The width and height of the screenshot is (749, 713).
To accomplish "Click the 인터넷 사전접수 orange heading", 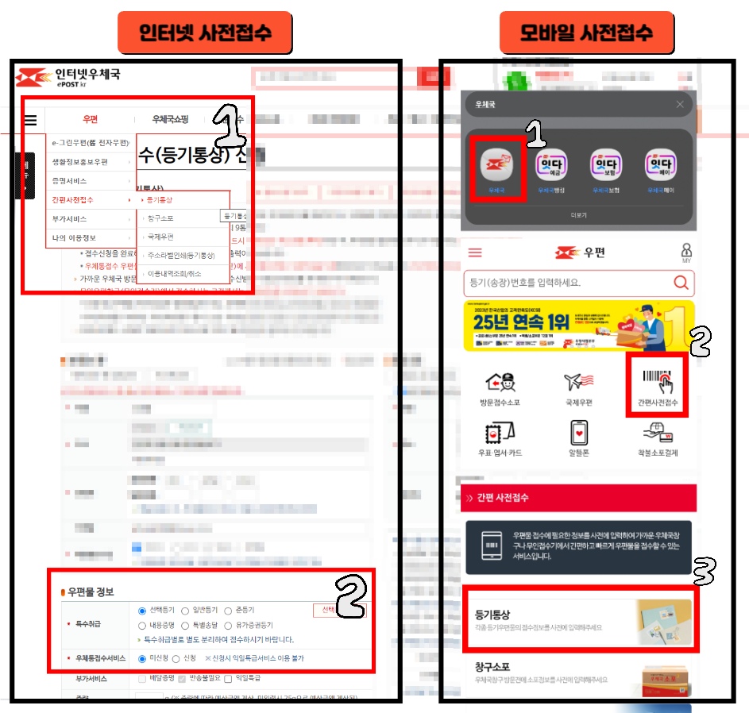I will click(205, 33).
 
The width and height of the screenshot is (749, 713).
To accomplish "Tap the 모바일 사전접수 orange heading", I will click(586, 33).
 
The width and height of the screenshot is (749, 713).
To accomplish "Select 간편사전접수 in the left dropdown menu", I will click(73, 200).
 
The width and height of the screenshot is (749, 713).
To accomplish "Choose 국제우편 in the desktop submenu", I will click(161, 237).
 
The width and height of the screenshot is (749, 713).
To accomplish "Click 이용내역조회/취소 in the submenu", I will click(176, 273).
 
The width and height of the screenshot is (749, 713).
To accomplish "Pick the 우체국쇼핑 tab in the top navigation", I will click(170, 120).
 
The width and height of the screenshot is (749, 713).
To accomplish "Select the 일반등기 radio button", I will click(185, 611).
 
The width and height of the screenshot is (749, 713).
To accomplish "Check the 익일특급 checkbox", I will click(229, 679).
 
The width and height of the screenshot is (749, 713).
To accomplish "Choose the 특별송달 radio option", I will click(185, 625).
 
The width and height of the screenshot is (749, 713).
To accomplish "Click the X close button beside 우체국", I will click(680, 104).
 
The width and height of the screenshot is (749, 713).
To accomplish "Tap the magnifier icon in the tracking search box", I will click(681, 283).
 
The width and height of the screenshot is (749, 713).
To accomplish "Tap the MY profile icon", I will click(686, 252).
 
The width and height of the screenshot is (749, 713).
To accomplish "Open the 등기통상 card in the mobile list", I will click(579, 619).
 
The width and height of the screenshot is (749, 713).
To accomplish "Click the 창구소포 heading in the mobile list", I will click(493, 667).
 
